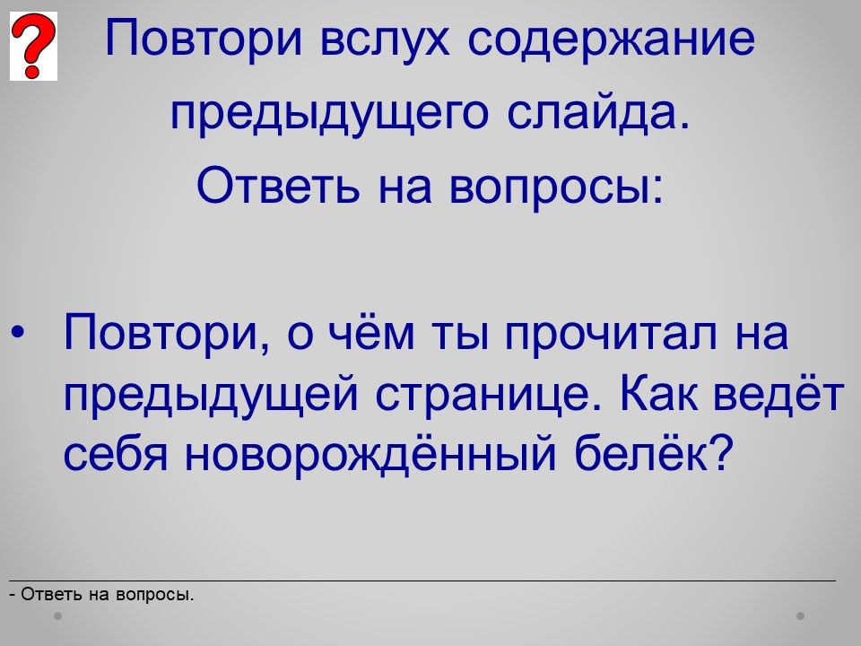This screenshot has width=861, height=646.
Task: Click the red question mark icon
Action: (x=33, y=46)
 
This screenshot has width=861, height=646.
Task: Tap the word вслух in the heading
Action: (x=385, y=39)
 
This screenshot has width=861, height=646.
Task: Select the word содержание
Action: (x=611, y=39)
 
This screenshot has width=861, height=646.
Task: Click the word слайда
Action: (x=598, y=113)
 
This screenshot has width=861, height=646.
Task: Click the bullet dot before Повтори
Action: (x=18, y=332)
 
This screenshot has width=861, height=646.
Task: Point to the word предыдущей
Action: (x=211, y=393)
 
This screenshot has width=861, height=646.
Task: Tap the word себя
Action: (x=116, y=453)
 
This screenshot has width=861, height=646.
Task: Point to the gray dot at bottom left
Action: (x=57, y=615)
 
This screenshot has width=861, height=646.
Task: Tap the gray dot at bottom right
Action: (x=801, y=615)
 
